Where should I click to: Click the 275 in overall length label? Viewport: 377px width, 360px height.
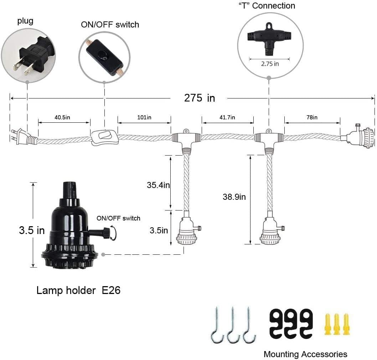(199, 98)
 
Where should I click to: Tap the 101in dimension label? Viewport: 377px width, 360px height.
(144, 117)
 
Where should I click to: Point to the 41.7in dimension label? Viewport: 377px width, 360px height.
(228, 117)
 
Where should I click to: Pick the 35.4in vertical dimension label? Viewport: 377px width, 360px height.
(158, 185)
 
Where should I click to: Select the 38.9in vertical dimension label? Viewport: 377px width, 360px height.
(234, 197)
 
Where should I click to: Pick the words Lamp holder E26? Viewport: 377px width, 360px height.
(78, 290)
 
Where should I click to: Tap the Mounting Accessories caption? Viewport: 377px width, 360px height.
(305, 354)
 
